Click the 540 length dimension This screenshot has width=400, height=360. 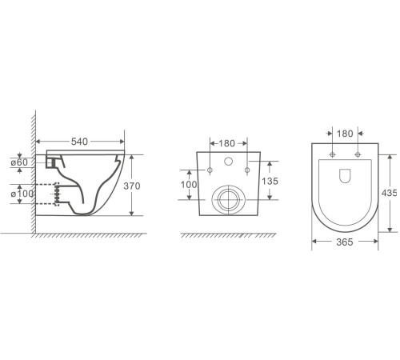(79, 142)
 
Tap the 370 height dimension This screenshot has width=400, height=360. (132, 186)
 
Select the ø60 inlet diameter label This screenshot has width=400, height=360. (19, 162)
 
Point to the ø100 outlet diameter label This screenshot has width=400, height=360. (22, 194)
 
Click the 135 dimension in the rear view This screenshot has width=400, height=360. (270, 181)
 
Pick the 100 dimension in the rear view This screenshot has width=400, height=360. (189, 184)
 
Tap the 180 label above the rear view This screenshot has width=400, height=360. (226, 143)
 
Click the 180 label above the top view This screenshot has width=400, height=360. (345, 134)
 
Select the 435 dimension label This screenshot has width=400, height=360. (389, 193)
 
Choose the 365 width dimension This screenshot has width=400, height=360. (345, 242)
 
